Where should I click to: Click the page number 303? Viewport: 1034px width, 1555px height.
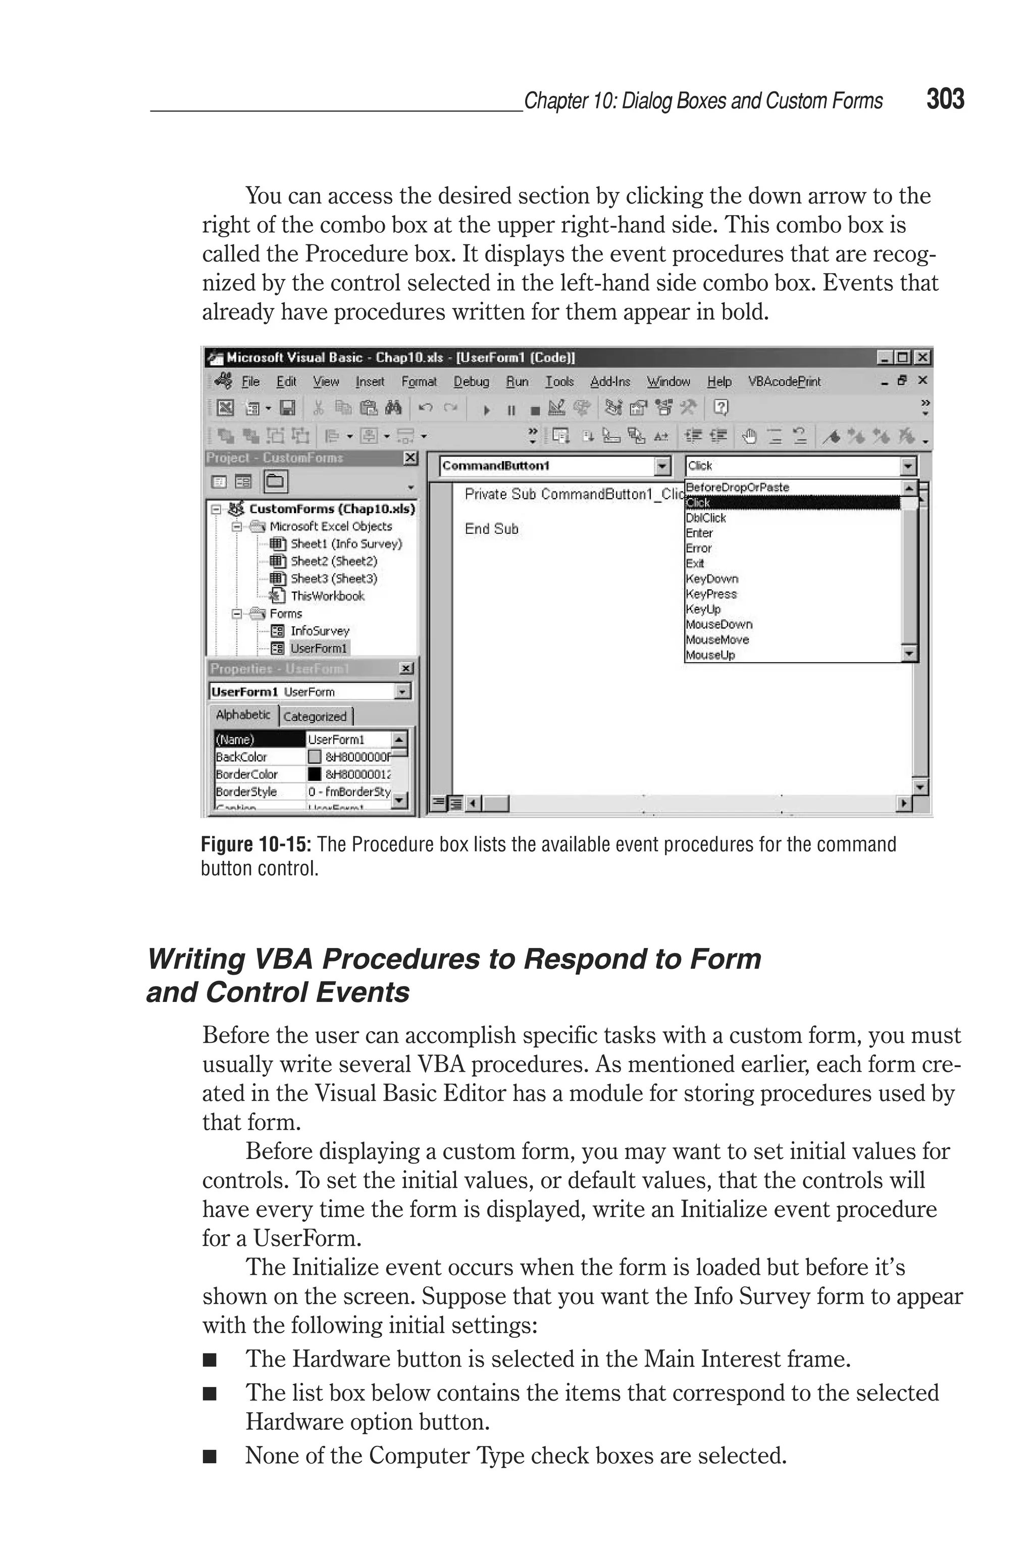coord(945,99)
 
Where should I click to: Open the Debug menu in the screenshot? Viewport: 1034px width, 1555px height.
coord(471,382)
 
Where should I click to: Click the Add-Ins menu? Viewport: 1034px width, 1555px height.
coord(610,382)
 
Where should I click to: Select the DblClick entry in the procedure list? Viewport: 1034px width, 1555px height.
coord(706,518)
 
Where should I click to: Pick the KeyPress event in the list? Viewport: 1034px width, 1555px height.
coord(711,594)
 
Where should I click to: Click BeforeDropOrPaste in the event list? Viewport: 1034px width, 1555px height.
coord(737,487)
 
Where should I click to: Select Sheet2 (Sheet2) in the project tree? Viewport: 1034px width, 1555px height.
coord(334,561)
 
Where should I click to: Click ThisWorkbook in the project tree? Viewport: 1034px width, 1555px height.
coord(327,596)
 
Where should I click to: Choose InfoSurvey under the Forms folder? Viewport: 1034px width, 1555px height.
coord(320,631)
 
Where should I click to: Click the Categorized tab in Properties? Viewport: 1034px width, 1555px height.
coord(315,717)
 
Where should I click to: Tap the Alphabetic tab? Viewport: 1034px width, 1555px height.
coord(243,715)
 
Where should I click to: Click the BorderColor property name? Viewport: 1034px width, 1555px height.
coord(246,774)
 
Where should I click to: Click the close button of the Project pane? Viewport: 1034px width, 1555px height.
coord(410,458)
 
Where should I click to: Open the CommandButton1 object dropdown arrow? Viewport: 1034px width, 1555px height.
coord(662,466)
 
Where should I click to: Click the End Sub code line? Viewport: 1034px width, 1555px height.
coord(491,529)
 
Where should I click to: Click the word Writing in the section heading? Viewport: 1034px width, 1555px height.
coord(196,960)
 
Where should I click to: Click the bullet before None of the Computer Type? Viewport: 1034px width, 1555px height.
coord(210,1457)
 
